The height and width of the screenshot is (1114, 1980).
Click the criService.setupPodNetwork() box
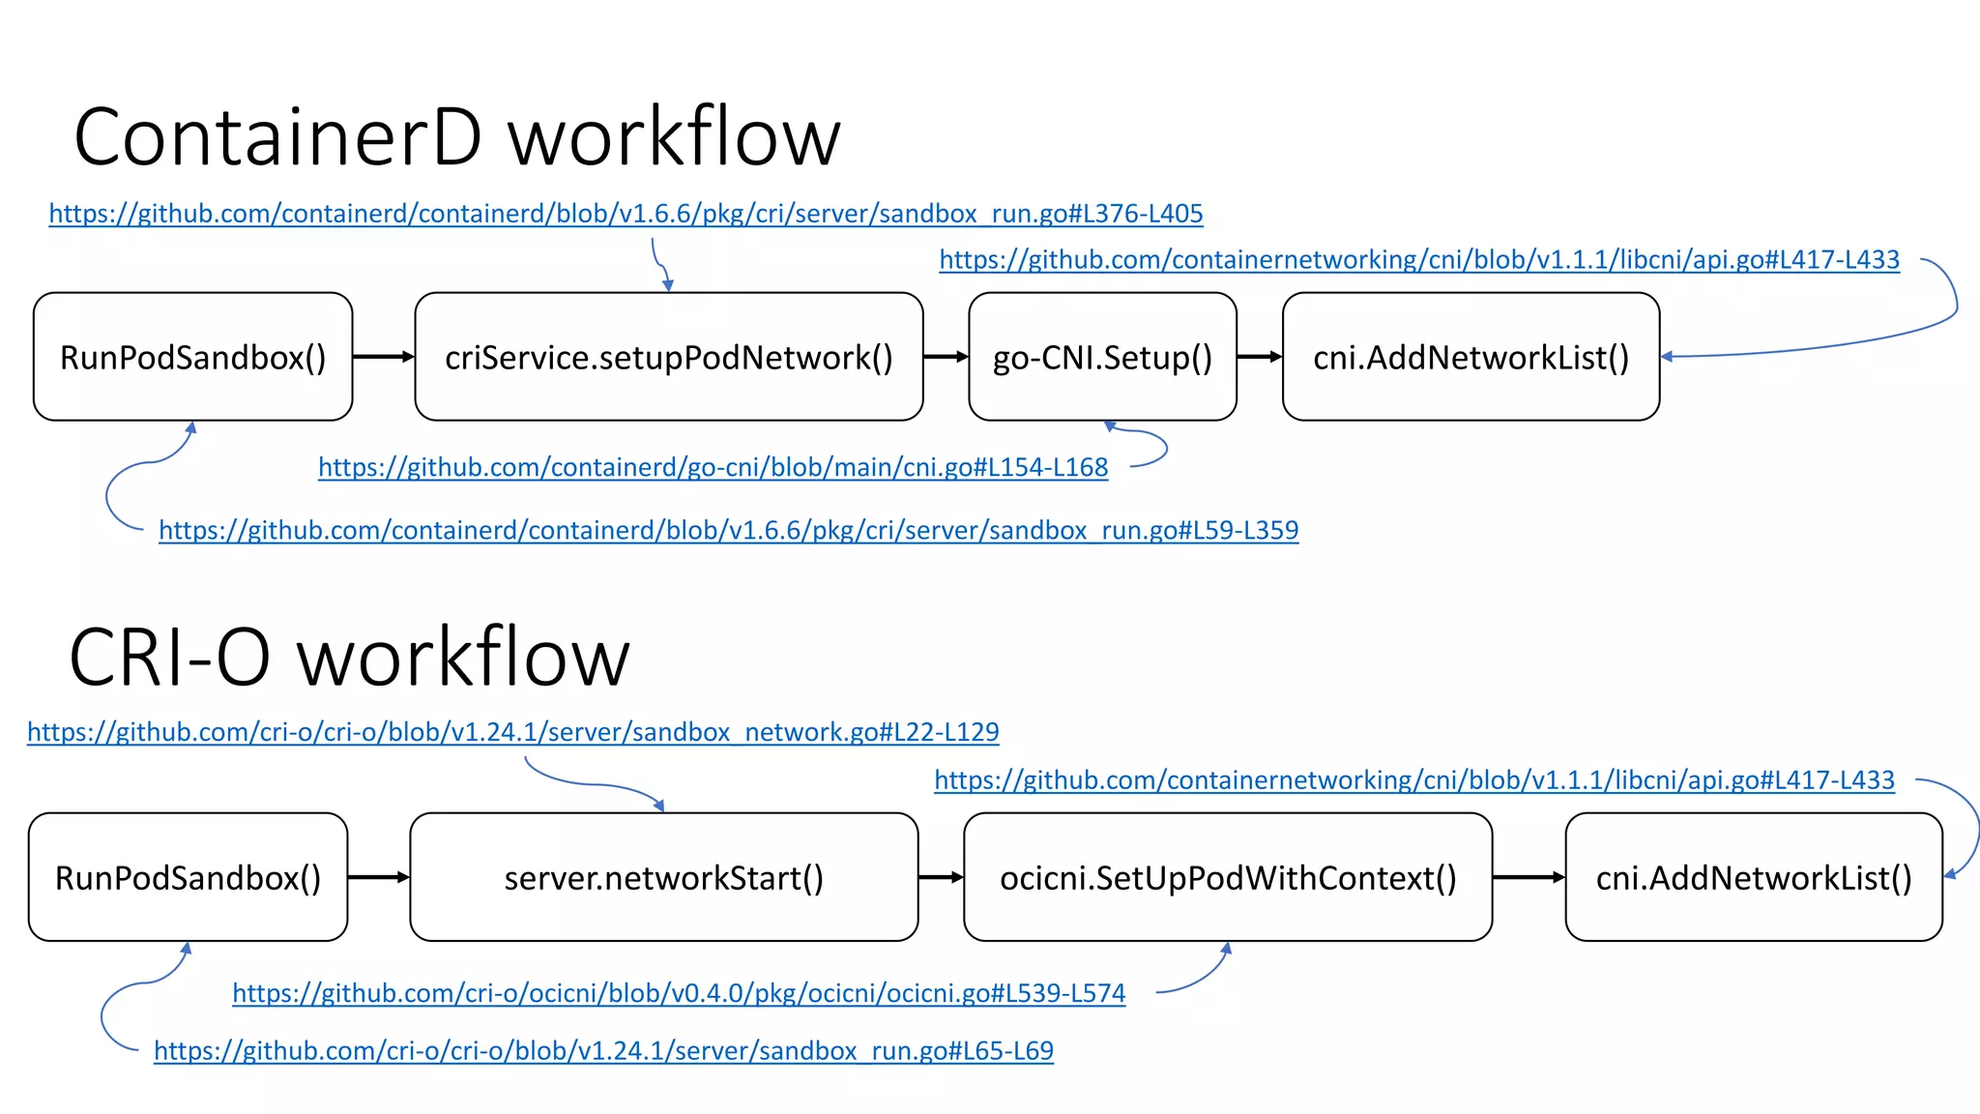pyautogui.click(x=668, y=357)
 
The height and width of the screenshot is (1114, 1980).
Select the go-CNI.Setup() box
pyautogui.click(x=1102, y=357)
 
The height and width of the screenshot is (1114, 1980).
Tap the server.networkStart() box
pyautogui.click(x=663, y=877)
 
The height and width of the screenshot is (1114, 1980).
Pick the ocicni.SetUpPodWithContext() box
pyautogui.click(x=1228, y=877)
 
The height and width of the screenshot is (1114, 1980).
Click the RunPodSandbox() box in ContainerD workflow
pyautogui.click(x=192, y=357)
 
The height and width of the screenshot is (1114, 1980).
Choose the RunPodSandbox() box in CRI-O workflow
pyautogui.click(x=188, y=877)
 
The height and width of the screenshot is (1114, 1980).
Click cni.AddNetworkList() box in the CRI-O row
pyautogui.click(x=1754, y=877)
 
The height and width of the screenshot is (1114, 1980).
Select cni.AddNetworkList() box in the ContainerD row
pyautogui.click(x=1470, y=357)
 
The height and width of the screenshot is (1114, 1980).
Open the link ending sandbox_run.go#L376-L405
pyautogui.click(x=626, y=214)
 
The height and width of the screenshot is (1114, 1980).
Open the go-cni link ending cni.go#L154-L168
pyautogui.click(x=713, y=468)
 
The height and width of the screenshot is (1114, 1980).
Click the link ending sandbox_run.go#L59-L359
pyautogui.click(x=728, y=531)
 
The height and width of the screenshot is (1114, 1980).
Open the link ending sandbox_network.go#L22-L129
pyautogui.click(x=512, y=732)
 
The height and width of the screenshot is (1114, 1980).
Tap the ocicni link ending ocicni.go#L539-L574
pyautogui.click(x=679, y=993)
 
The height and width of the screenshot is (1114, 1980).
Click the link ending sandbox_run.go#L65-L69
pyautogui.click(x=603, y=1051)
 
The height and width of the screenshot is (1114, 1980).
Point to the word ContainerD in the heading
pyautogui.click(x=277, y=137)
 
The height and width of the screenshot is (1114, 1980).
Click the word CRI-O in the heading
pyautogui.click(x=169, y=658)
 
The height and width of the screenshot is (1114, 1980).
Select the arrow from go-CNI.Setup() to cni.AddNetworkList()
pyautogui.click(x=1259, y=357)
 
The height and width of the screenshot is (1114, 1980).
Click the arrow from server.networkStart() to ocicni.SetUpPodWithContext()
pyautogui.click(x=941, y=877)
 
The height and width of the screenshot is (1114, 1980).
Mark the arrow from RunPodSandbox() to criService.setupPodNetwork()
pyautogui.click(x=383, y=357)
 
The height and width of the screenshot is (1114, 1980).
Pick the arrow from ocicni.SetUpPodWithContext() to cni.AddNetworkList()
pyautogui.click(x=1529, y=877)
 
